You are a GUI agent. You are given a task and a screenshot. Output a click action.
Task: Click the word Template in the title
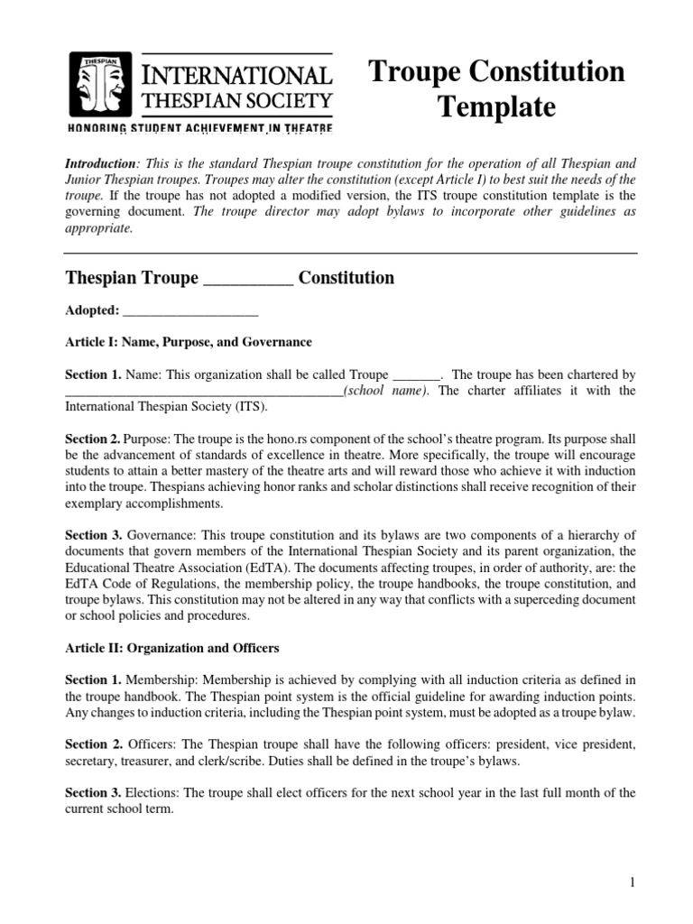pyautogui.click(x=496, y=107)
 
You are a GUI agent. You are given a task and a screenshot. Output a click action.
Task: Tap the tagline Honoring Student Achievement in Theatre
pyautogui.click(x=200, y=129)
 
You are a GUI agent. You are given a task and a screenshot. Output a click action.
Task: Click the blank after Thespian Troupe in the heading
pyautogui.click(x=248, y=279)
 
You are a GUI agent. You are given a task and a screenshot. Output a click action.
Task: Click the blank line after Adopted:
pyautogui.click(x=190, y=310)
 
